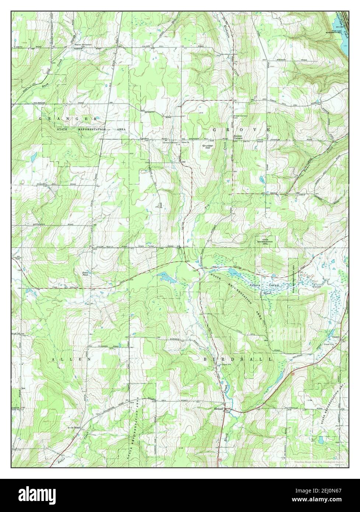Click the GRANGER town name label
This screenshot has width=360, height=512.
(69, 119)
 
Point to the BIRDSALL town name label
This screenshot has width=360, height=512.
(238, 359)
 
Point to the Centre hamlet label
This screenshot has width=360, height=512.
(336, 337)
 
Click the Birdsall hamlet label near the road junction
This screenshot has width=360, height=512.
(219, 408)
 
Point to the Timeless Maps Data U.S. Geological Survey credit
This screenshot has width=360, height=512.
(319, 462)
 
